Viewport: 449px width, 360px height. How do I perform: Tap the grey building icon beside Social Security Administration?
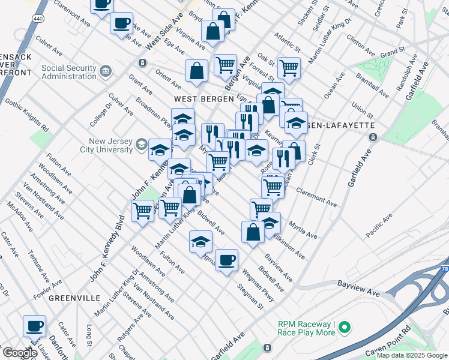tap(106, 72)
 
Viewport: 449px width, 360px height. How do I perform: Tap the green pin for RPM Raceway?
tap(343, 328)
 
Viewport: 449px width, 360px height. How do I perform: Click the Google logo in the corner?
tap(19, 353)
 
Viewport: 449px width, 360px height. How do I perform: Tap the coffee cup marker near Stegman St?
tap(227, 260)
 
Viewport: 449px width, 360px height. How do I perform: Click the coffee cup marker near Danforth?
tap(34, 326)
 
